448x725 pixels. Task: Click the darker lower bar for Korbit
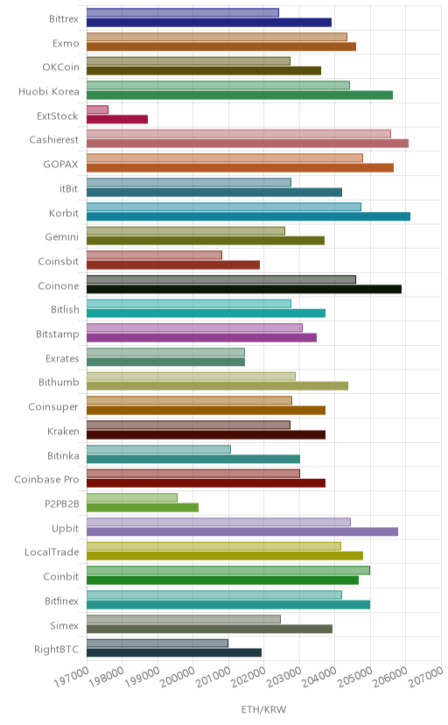[x=248, y=216]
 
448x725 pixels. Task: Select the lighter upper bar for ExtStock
[x=97, y=109]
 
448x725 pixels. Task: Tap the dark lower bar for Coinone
[x=244, y=289]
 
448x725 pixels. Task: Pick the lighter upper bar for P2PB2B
[x=132, y=497]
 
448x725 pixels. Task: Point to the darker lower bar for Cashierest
[x=248, y=144]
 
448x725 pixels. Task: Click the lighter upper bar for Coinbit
[x=228, y=570]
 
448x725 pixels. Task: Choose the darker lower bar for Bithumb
[x=218, y=386]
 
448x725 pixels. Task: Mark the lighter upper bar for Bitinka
[x=159, y=449]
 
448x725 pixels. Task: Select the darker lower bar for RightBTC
[x=174, y=652]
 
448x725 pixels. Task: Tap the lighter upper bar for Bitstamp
[x=194, y=327]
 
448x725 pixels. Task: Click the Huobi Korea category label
[x=49, y=92]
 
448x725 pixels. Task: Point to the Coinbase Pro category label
[x=46, y=480]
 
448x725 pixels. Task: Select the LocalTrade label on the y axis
[x=52, y=553]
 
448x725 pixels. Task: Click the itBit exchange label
[x=69, y=188]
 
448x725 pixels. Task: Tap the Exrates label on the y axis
[x=62, y=358]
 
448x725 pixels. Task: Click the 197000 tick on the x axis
[x=72, y=677]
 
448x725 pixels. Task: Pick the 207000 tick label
[x=426, y=677]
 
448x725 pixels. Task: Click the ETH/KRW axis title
[x=263, y=710]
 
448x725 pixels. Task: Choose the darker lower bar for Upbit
[x=242, y=531]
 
